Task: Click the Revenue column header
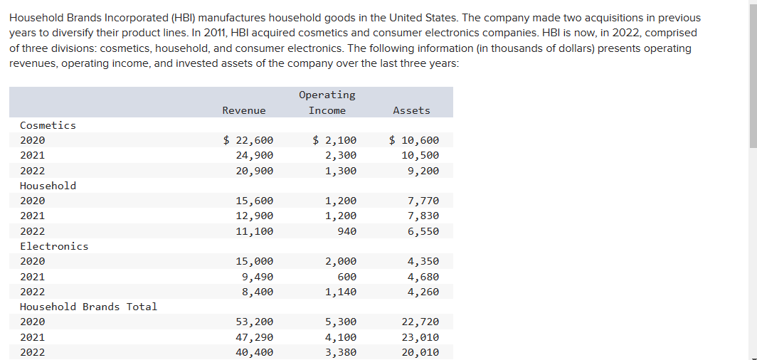[x=244, y=110]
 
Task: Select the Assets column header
[x=411, y=110]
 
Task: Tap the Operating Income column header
[x=327, y=102]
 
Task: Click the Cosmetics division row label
[x=48, y=125]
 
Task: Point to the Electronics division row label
[x=54, y=246]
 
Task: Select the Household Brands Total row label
[x=88, y=307]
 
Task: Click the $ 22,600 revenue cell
[x=248, y=140]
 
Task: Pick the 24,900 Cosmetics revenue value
[x=255, y=155]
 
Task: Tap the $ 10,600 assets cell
[x=414, y=140]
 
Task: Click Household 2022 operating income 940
[x=344, y=231]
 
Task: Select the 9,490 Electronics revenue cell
[x=258, y=277]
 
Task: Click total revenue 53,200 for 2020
[x=255, y=322]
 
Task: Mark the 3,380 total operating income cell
[x=341, y=352]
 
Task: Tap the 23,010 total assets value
[x=420, y=337]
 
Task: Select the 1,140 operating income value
[x=341, y=292]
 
